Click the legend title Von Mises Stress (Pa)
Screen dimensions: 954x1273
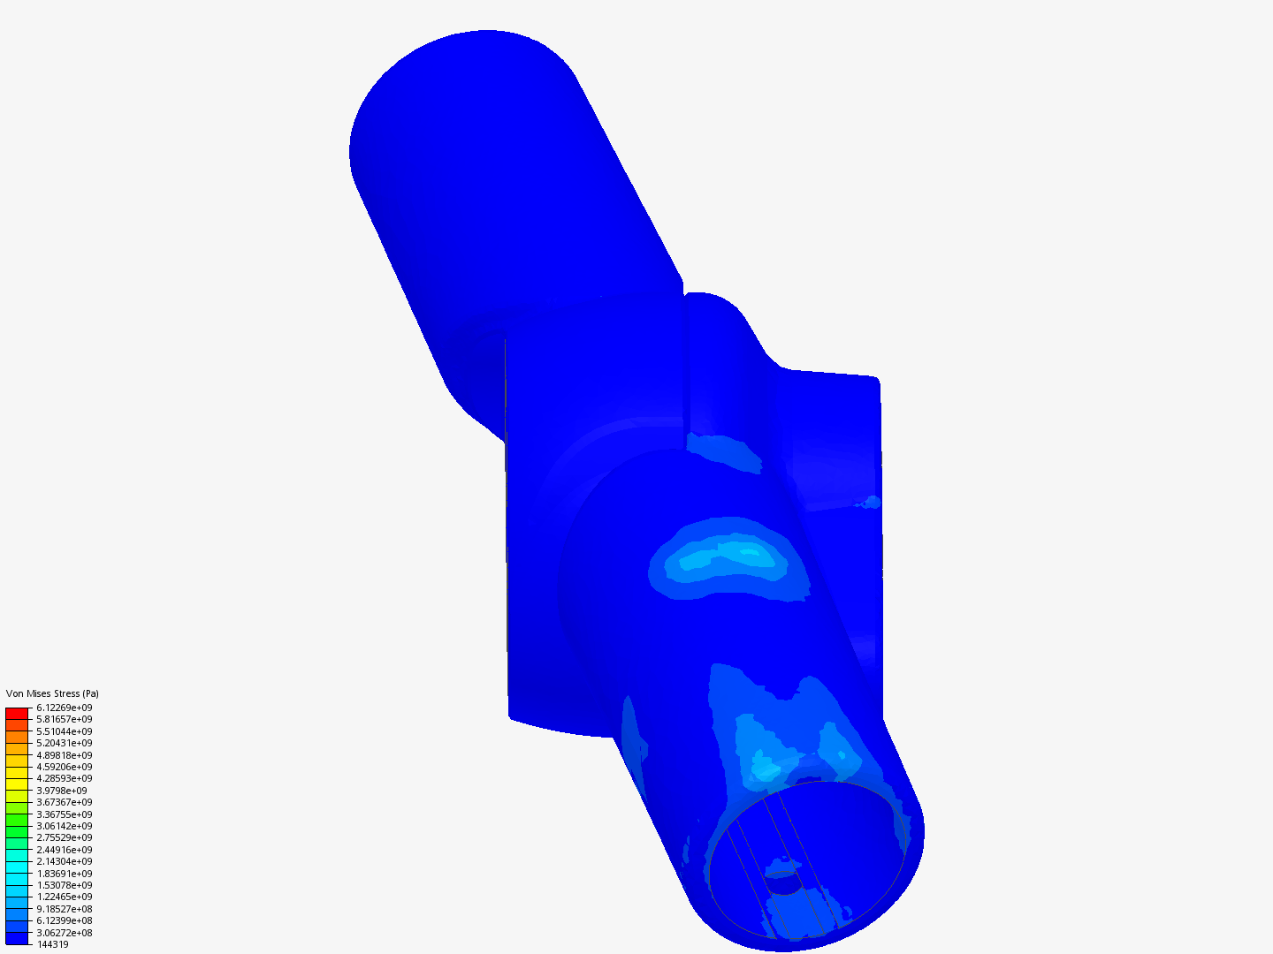(x=52, y=693)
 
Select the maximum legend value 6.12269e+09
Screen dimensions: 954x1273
(x=65, y=708)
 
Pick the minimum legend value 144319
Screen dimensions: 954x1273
(x=52, y=944)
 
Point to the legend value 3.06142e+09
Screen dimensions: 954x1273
(x=65, y=826)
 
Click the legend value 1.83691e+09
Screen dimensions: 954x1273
(x=65, y=874)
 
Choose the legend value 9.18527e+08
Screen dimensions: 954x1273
(x=65, y=909)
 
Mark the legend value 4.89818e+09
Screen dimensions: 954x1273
(x=65, y=755)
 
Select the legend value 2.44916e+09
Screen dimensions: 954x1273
(x=65, y=850)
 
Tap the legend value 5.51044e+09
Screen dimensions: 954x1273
(x=65, y=731)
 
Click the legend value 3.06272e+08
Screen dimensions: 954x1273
(x=65, y=933)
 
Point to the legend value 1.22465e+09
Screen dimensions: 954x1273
(x=65, y=897)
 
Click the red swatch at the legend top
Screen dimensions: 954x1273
(x=17, y=713)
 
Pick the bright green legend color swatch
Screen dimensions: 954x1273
(x=17, y=826)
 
